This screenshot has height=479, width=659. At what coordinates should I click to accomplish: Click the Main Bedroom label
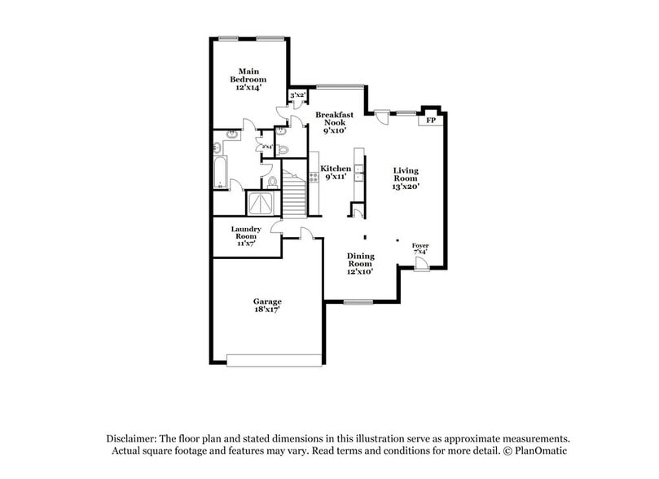click(x=248, y=79)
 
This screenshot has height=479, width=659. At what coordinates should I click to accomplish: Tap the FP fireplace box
click(x=431, y=121)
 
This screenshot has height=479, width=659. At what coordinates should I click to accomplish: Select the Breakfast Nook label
click(x=335, y=123)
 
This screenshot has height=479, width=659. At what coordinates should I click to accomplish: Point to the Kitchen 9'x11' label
click(x=336, y=172)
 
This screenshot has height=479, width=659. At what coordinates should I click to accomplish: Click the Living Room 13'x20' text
click(x=406, y=178)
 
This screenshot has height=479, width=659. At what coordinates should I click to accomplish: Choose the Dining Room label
click(x=361, y=263)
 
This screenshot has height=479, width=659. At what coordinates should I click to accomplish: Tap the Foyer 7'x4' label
click(x=420, y=248)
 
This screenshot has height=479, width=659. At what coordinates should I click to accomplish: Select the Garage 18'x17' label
click(x=267, y=305)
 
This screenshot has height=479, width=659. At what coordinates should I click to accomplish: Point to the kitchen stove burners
click(x=314, y=176)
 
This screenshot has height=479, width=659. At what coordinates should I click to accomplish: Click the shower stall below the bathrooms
click(x=264, y=203)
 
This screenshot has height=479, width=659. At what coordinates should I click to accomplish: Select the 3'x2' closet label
click(x=297, y=95)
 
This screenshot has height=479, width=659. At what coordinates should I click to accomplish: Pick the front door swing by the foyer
click(x=420, y=264)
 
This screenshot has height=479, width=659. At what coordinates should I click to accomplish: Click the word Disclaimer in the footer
click(x=134, y=437)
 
